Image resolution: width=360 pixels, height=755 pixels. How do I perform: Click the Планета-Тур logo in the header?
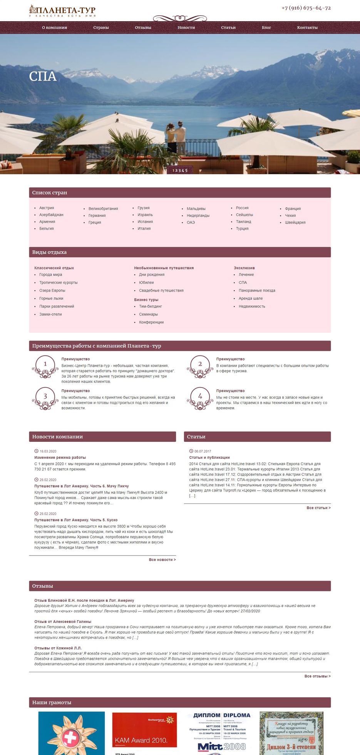[62, 10]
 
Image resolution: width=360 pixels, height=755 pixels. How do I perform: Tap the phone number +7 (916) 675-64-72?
[306, 8]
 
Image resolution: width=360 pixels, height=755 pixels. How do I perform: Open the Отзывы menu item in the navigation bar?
[143, 28]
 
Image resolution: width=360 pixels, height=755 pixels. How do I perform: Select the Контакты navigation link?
[307, 28]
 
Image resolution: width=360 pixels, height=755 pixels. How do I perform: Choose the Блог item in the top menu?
[266, 28]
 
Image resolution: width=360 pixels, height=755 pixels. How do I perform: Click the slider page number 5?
[187, 170]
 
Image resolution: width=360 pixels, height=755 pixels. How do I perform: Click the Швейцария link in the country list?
[295, 222]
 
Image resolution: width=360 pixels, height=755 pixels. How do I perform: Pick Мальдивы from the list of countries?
[196, 209]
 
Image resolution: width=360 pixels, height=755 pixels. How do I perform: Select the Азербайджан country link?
[51, 215]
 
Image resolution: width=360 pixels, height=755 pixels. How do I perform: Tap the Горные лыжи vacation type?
[51, 299]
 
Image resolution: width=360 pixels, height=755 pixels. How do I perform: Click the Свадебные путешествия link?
[161, 290]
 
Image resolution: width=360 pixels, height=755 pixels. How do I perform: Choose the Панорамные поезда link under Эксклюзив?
[257, 290]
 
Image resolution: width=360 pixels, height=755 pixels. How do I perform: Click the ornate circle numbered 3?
[45, 397]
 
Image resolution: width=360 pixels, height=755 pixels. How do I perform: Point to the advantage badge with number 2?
[200, 365]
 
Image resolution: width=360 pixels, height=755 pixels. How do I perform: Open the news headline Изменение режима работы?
[60, 458]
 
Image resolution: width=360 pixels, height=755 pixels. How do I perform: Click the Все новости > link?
[162, 560]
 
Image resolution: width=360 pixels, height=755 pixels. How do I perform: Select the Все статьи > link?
[318, 508]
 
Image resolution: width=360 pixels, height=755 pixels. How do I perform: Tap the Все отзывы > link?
[317, 676]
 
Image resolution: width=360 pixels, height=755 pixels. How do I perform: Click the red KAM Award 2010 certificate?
[144, 730]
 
